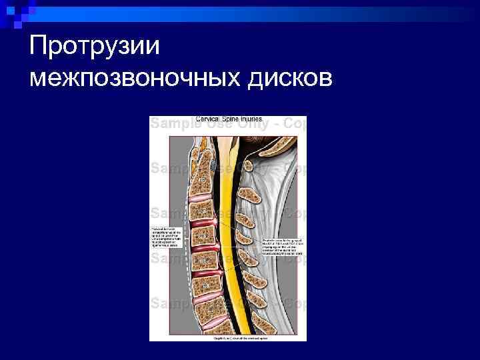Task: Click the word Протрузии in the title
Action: [x=95, y=46]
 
